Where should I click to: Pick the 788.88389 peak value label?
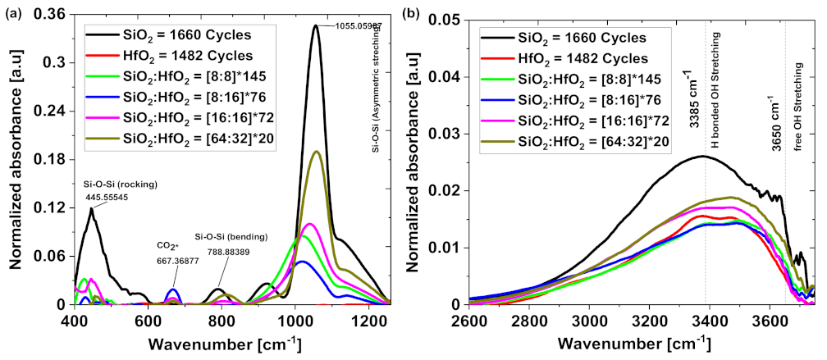(x=231, y=251)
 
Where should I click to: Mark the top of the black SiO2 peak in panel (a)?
(x=315, y=25)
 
